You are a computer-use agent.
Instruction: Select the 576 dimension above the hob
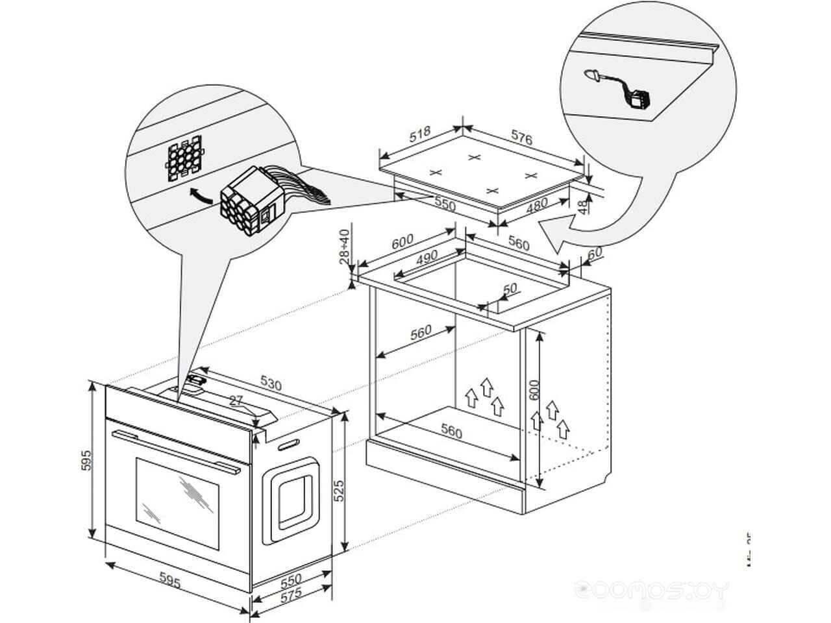tap(521, 138)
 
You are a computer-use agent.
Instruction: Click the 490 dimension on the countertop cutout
tap(427, 258)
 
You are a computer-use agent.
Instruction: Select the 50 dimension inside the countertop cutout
tap(510, 288)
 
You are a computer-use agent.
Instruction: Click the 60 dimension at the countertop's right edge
tap(594, 252)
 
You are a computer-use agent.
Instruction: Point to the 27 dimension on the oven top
tap(235, 400)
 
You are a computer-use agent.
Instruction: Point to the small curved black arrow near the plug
tap(200, 195)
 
